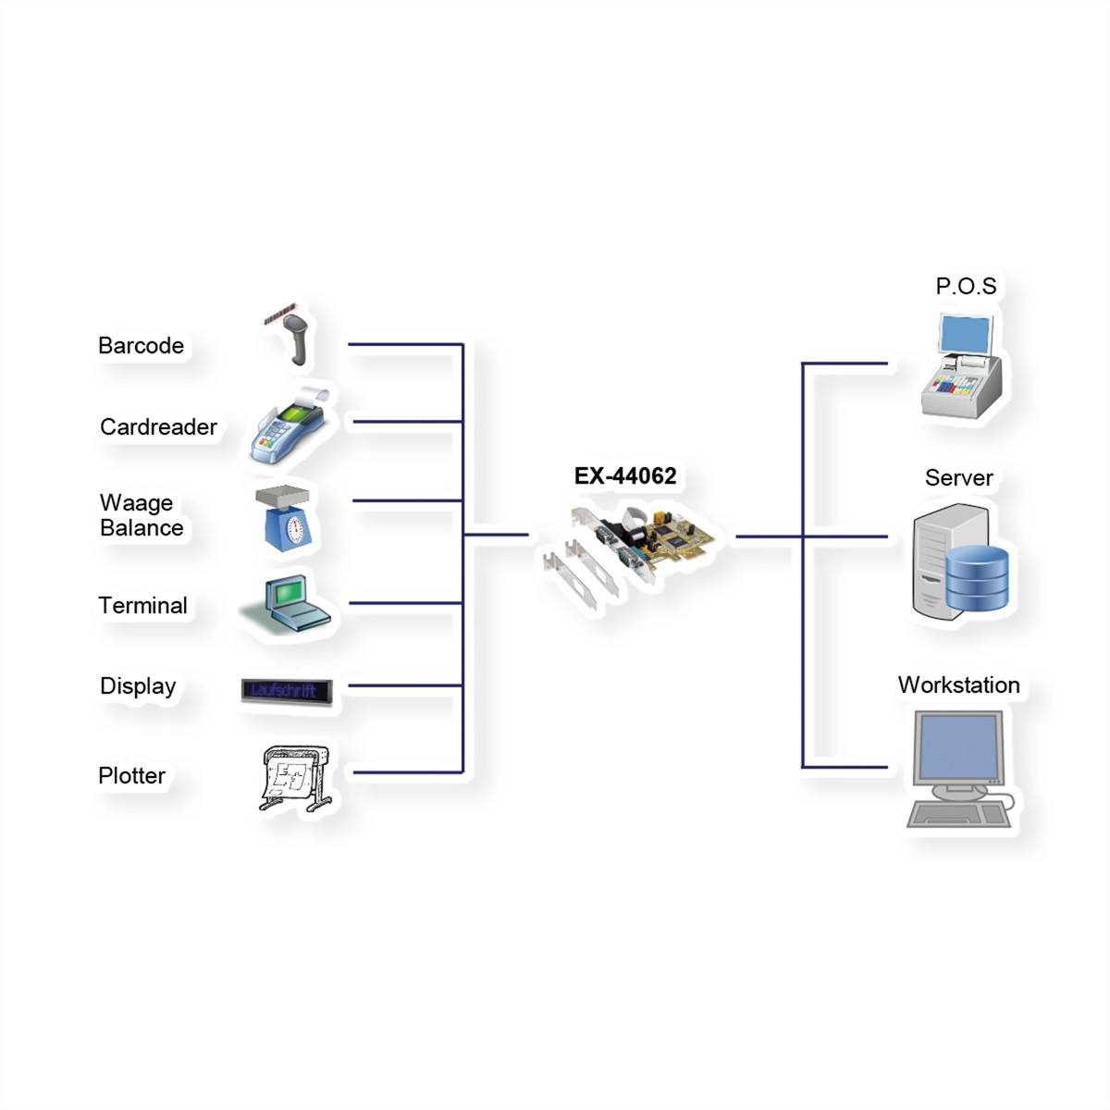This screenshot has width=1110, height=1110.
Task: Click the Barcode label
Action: (141, 346)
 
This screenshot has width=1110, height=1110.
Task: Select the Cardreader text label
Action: (158, 427)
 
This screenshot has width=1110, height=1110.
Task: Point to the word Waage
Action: (136, 503)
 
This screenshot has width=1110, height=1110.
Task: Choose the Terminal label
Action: (142, 606)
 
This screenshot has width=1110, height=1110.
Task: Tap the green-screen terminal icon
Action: (288, 603)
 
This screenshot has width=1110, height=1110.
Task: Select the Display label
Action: (138, 686)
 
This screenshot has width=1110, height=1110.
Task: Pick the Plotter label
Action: (131, 776)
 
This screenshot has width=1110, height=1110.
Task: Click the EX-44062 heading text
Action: (625, 476)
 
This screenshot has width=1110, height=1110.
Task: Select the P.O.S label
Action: (966, 287)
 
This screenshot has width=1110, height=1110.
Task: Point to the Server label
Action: (958, 478)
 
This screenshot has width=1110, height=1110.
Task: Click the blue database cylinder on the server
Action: (978, 578)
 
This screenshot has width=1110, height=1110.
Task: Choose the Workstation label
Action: (958, 685)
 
